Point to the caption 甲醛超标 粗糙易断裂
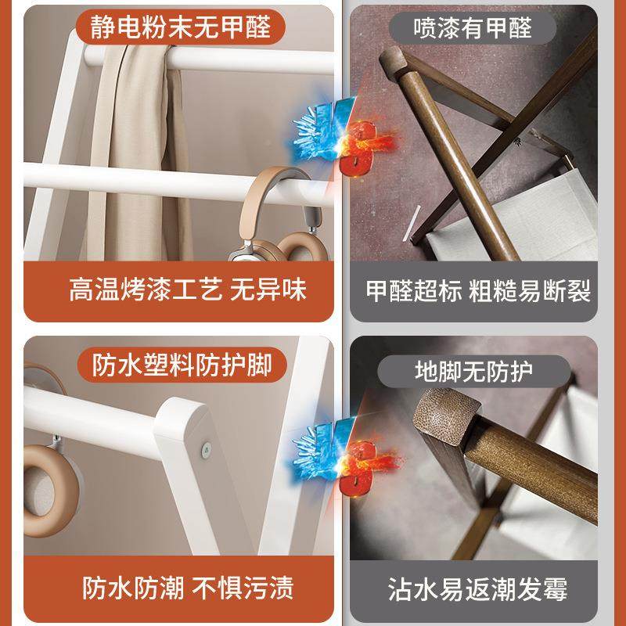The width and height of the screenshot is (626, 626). coord(478,291)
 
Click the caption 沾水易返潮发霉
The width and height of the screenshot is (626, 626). coord(478,588)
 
